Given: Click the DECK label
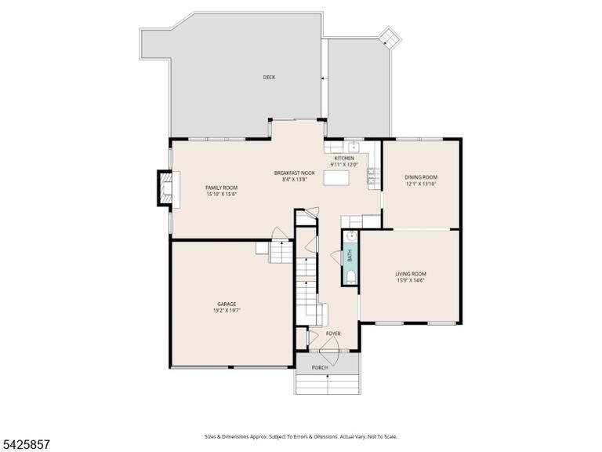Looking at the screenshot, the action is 269,77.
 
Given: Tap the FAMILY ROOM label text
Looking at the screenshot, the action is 222,188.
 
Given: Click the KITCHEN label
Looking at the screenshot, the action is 344,158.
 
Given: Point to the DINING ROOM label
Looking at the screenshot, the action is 421,177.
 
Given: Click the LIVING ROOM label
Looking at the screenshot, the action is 411,274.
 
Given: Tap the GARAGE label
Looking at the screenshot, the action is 227,304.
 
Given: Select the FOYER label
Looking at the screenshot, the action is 333,334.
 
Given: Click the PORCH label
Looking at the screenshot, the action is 320,368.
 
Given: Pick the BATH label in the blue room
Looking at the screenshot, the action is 350,256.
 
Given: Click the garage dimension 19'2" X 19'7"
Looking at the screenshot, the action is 227,310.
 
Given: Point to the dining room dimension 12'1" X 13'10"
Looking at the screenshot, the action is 421,184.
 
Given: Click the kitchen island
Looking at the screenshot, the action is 336,178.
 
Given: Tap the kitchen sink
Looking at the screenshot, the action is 354,147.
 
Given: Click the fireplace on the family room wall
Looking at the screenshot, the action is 165,188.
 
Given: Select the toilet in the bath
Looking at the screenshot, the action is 350,277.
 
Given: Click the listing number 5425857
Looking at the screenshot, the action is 25,445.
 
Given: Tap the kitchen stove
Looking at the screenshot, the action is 373,179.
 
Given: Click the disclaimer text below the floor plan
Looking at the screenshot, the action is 301,436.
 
